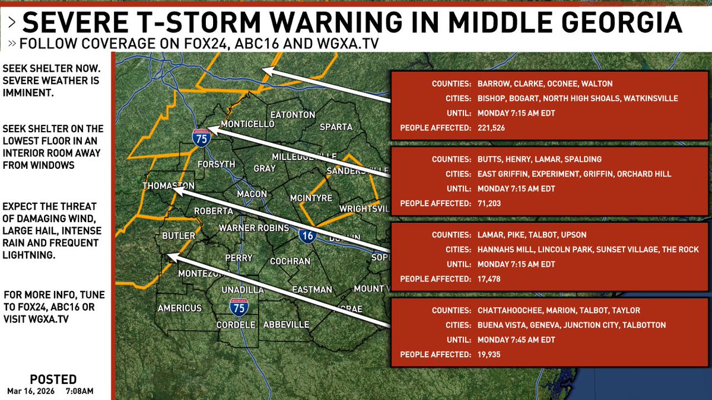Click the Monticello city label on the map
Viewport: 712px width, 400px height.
tap(247, 124)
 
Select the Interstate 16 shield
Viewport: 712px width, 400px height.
tap(307, 236)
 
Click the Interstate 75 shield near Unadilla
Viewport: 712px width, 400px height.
tap(239, 307)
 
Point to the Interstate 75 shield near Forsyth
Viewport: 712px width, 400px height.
tap(201, 137)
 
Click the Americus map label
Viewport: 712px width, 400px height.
tap(180, 308)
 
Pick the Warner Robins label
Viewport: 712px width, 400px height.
tap(253, 228)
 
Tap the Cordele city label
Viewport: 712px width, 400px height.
tap(236, 325)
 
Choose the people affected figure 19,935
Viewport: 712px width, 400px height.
tap(492, 354)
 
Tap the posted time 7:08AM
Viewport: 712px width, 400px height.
tap(79, 391)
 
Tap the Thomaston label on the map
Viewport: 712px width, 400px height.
tap(169, 186)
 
